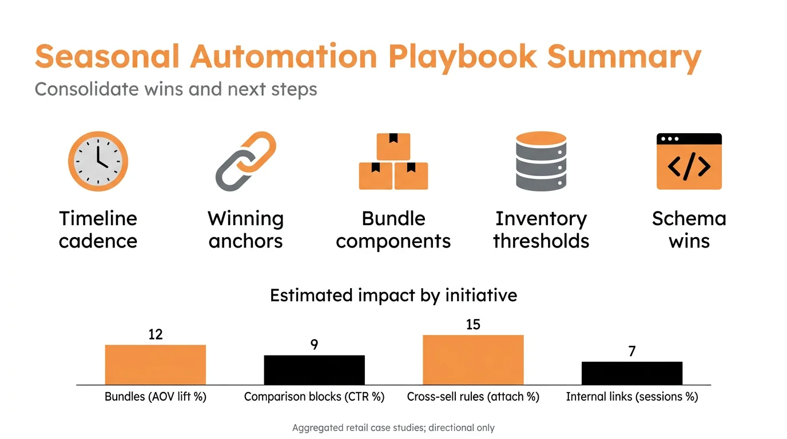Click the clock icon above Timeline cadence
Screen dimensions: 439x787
coord(98,161)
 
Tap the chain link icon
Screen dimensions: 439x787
coord(246,161)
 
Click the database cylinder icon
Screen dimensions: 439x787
coord(541,161)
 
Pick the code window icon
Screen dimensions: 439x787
coord(689,161)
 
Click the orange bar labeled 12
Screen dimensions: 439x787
coord(156,365)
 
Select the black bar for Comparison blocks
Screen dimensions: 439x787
coord(314,370)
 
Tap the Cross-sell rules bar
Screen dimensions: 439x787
coord(473,360)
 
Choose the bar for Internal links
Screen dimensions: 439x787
coord(632,373)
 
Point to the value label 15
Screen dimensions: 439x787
coord(473,325)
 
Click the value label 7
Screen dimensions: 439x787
coord(632,352)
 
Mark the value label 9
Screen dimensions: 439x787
coord(314,345)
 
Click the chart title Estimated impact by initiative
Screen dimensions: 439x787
coord(393,296)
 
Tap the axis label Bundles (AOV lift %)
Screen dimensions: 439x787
coord(156,397)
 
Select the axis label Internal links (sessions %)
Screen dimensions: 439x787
coord(632,397)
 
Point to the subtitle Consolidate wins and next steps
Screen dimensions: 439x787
coord(176,90)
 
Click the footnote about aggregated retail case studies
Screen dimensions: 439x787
coord(393,428)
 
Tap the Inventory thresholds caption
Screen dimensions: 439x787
coord(541,230)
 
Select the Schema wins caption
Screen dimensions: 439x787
coord(689,230)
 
